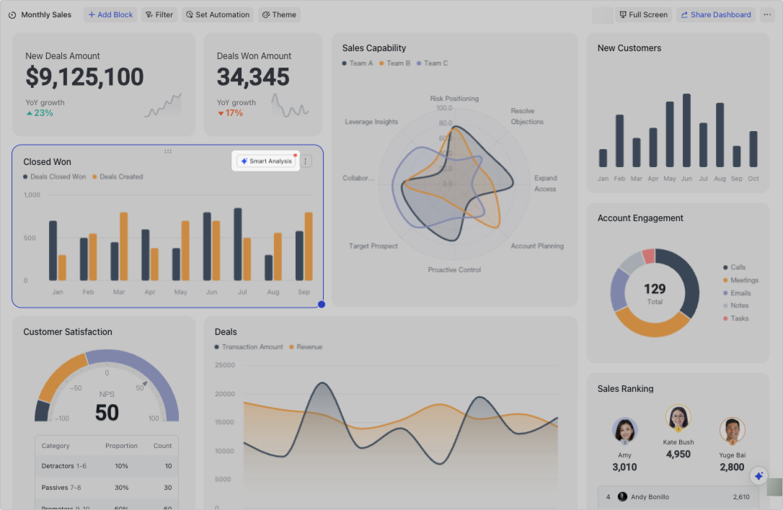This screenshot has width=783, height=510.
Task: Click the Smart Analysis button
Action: (267, 161)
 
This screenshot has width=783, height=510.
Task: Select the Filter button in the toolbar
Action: (159, 14)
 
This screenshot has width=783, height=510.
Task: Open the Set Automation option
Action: (218, 14)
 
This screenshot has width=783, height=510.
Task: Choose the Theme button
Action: (279, 14)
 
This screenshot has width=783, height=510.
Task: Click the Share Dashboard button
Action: (715, 14)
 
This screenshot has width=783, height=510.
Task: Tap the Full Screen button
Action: (644, 14)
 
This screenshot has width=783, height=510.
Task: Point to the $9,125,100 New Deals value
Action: (84, 77)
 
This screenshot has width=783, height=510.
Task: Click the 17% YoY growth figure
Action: (234, 113)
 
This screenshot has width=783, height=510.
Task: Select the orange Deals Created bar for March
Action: (123, 246)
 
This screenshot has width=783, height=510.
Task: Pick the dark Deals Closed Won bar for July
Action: (238, 244)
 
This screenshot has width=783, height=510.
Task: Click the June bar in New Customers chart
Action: (686, 130)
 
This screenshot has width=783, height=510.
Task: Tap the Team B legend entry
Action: (394, 63)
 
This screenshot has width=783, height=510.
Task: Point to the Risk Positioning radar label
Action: (454, 99)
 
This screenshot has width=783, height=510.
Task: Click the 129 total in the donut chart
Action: (655, 289)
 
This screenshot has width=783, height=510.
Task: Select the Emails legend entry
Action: (740, 293)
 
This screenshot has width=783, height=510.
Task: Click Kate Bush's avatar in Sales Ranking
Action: (678, 418)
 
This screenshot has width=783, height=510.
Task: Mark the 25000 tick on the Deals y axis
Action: (225, 365)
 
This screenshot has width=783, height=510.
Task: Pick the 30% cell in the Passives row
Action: (121, 488)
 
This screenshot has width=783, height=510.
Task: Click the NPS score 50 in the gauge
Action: (107, 413)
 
